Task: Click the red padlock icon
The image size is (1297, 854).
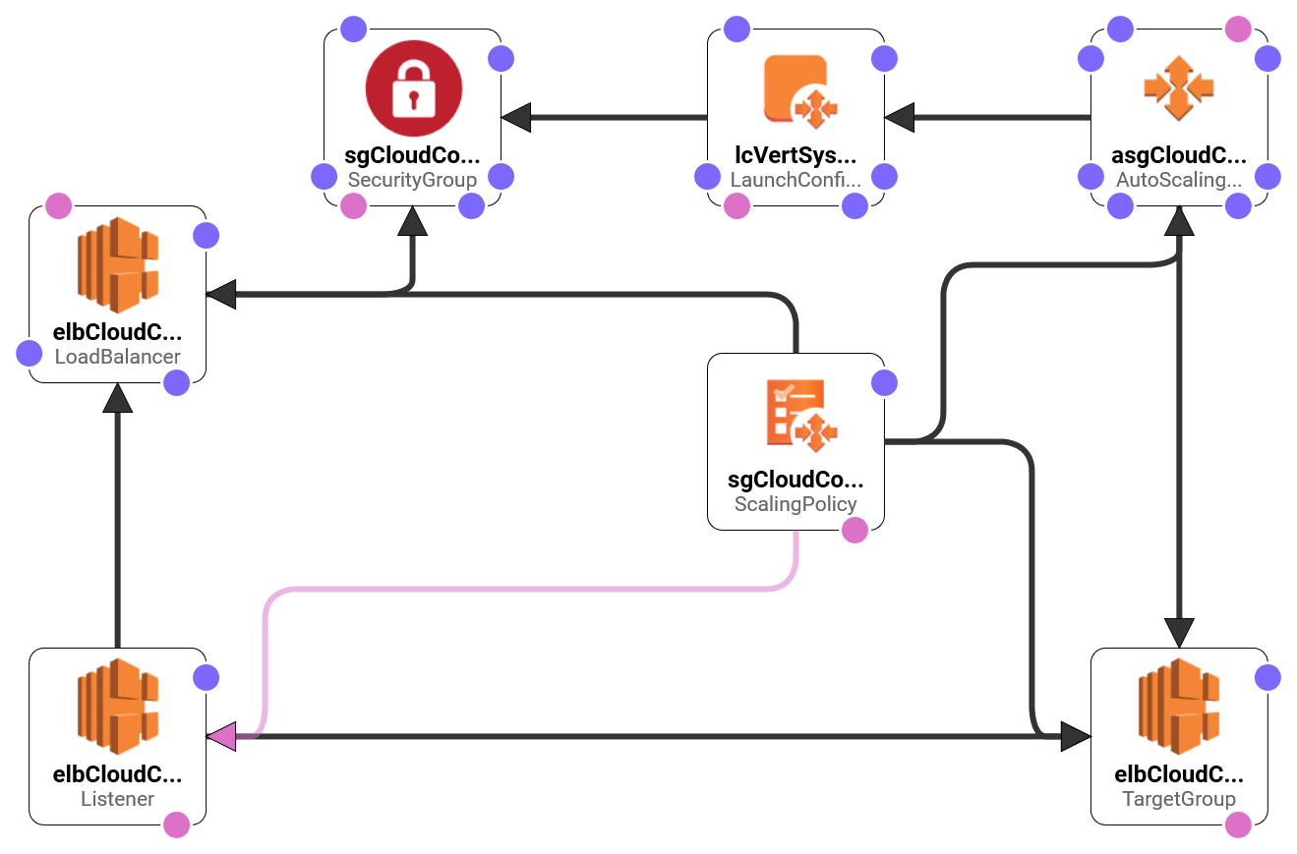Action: click(x=413, y=89)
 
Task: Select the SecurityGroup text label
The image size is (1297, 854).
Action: click(x=412, y=180)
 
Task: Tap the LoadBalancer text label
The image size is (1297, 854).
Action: click(x=117, y=357)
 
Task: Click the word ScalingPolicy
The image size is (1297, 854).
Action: click(x=796, y=504)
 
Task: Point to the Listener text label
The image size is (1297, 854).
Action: click(x=117, y=799)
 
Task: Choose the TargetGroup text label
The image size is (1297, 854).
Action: click(x=1179, y=799)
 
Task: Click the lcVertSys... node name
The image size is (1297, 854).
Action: click(x=796, y=155)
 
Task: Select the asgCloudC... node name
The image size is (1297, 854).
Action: click(x=1179, y=155)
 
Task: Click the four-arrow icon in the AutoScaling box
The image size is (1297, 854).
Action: click(x=1179, y=88)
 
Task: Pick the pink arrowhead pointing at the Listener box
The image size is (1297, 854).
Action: click(x=220, y=736)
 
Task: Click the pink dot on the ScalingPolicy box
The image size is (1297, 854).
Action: click(x=855, y=531)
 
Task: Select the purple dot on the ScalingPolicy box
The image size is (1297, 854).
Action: click(x=885, y=383)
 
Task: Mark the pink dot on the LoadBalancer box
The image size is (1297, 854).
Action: click(x=59, y=206)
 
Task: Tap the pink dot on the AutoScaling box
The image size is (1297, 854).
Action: click(x=1239, y=29)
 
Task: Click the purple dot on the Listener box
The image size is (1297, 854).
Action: click(x=206, y=678)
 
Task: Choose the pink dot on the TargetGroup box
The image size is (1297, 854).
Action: click(x=1239, y=826)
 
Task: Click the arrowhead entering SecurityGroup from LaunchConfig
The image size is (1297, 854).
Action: click(x=516, y=118)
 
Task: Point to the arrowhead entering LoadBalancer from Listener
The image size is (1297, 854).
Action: click(x=117, y=398)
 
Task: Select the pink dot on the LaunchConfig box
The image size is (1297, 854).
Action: click(x=737, y=206)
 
